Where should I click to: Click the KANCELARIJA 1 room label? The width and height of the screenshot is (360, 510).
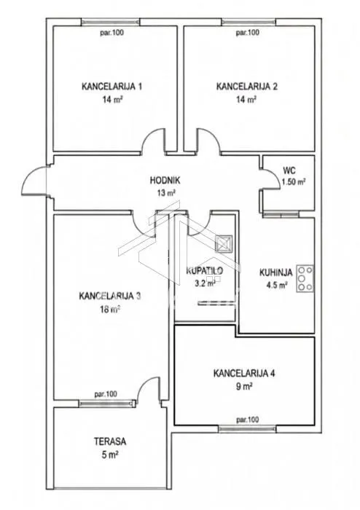111,87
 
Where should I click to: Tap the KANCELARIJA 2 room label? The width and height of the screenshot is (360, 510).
247,87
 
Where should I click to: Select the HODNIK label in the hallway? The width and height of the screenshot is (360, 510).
165,180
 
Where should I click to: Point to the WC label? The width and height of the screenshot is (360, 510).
289,170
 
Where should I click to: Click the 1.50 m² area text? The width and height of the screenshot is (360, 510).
294,182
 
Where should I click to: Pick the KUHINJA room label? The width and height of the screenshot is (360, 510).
275,272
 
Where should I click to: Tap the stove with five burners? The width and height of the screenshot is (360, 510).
305,278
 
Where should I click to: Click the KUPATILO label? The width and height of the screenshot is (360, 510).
205,270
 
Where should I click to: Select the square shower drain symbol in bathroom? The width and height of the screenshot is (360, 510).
224,243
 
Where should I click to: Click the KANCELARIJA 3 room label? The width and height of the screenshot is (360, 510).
110,296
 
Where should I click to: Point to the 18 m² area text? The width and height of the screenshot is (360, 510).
110,309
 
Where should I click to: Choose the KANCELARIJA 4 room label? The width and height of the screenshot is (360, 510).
244,373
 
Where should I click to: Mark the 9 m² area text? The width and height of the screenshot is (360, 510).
245,386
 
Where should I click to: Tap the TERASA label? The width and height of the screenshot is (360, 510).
110,442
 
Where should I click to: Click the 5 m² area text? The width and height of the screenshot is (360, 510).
110,455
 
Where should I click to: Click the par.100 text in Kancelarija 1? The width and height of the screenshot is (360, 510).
111,33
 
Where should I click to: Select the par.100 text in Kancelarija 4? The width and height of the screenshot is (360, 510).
248,420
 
